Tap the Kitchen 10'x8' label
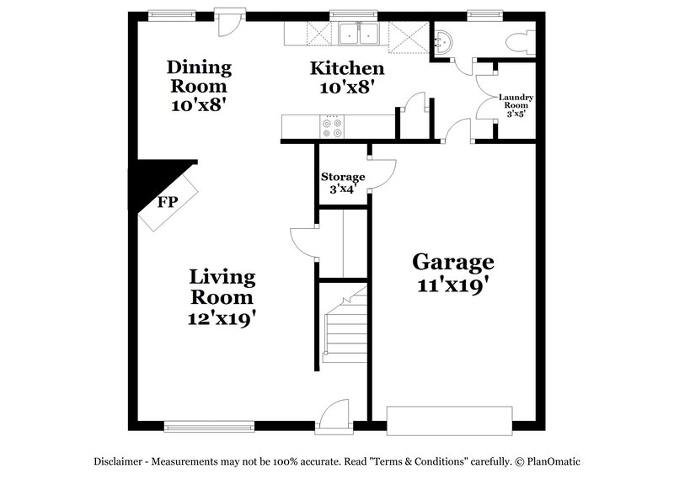[x=346, y=77]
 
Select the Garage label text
[x=453, y=273]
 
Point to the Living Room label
[x=222, y=296]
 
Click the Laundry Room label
[x=516, y=105]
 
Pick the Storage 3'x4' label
[x=343, y=183]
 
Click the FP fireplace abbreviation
[x=168, y=202]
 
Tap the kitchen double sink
[x=358, y=35]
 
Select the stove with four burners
[x=332, y=127]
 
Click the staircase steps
[x=345, y=330]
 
